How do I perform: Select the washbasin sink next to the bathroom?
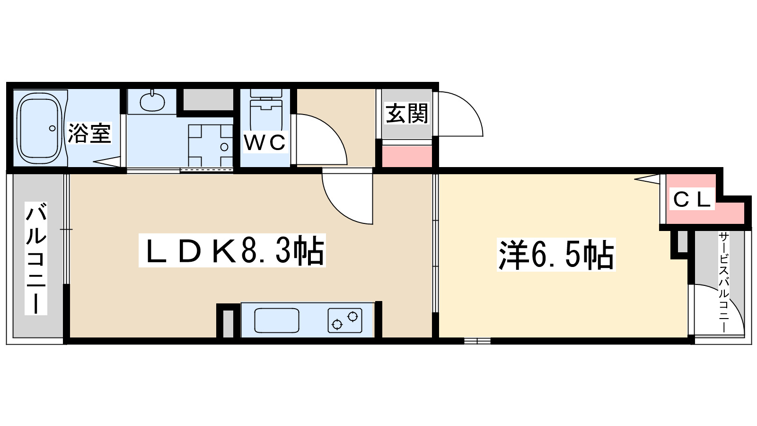point(152,100)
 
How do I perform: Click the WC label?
point(265,142)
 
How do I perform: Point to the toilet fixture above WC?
point(265,107)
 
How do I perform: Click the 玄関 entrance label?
point(407,114)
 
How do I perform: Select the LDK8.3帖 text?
point(232,251)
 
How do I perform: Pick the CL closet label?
point(692,199)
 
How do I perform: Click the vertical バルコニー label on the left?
point(36,258)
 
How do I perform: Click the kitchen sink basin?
point(277,320)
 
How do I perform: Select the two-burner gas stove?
point(345,320)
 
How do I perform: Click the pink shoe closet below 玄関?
point(407,157)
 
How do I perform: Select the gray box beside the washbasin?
point(208,99)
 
